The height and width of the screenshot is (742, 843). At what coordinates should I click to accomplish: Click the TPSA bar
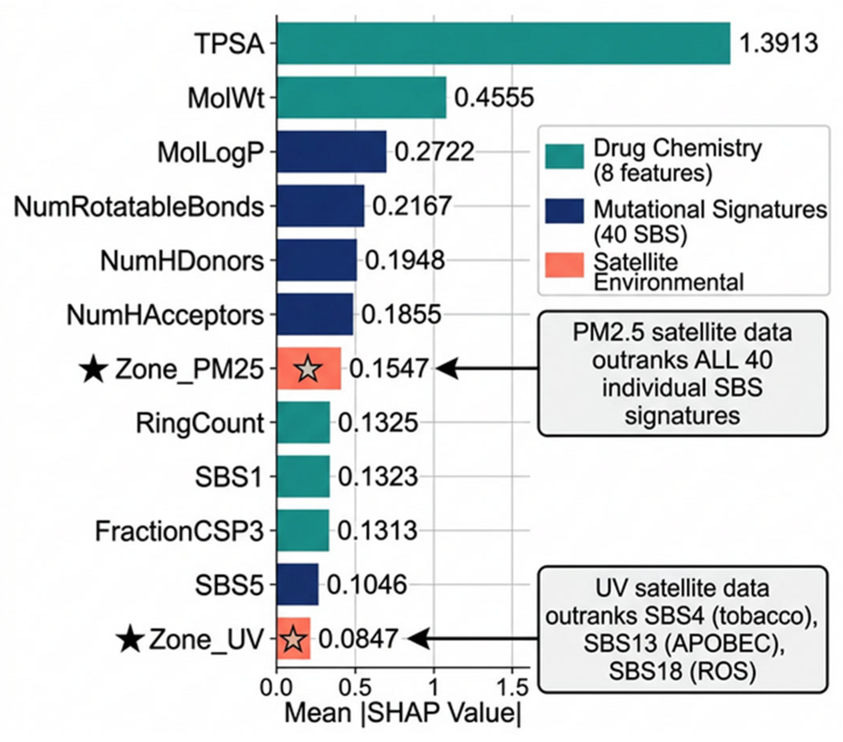(x=503, y=43)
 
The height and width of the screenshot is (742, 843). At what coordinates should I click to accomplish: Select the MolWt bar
(x=361, y=98)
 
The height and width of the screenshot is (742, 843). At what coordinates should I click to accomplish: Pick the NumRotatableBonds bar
(x=321, y=206)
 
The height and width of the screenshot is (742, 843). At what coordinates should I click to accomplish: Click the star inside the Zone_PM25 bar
(x=308, y=369)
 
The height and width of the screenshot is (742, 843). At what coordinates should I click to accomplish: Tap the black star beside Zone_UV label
(x=130, y=639)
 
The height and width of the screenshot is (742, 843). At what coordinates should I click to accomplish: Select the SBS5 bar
(x=297, y=584)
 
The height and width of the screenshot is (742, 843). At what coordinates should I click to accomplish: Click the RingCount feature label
(x=200, y=423)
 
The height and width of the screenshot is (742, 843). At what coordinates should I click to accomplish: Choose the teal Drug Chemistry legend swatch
(x=564, y=157)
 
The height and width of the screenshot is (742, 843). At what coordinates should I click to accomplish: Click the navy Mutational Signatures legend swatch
(x=564, y=211)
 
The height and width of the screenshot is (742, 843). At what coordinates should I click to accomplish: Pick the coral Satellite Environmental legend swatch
(x=564, y=265)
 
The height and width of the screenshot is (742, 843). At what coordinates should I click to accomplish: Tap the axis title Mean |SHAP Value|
(x=403, y=713)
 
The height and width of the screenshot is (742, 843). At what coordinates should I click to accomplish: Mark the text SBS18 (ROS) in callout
(x=683, y=671)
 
